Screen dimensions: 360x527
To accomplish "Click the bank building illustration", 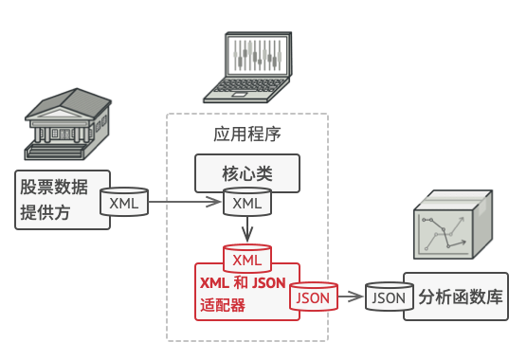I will [63, 128].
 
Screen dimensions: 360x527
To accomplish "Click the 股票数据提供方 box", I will [57, 199].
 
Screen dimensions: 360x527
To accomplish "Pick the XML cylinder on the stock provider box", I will [123, 203].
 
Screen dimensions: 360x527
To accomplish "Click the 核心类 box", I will [247, 174].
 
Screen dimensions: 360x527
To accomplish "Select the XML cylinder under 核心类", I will [246, 203].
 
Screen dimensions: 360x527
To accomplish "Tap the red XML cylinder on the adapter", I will [246, 259].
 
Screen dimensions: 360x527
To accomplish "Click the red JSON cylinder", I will [314, 297].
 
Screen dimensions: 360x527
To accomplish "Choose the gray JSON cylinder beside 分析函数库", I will [389, 297].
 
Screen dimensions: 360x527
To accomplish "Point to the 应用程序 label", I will [246, 134].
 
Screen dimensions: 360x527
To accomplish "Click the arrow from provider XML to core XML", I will [184, 202].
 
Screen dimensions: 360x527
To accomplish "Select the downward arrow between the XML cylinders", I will [246, 229].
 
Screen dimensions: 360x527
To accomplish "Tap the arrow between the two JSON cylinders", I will [352, 297].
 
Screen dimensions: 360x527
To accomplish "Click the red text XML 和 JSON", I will [243, 283].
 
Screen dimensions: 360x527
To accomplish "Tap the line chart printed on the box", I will [446, 233].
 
